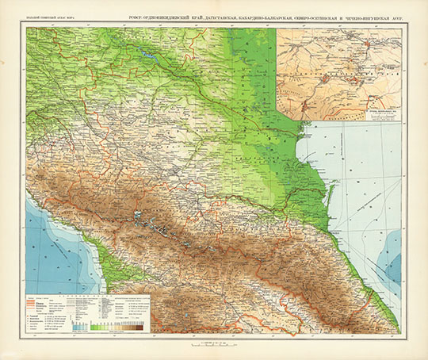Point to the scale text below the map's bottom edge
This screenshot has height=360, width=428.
214,342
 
